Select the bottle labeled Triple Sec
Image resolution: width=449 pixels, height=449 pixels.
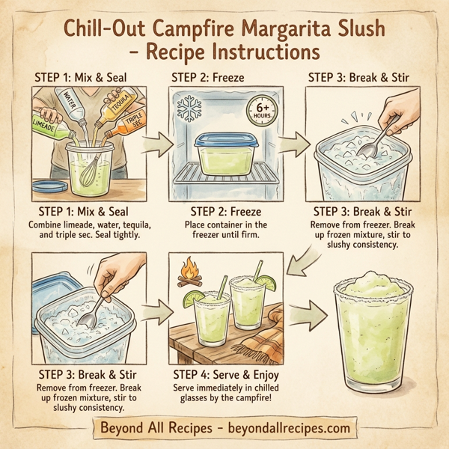(x=132, y=126)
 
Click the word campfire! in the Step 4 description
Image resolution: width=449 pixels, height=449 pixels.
(x=255, y=401)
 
